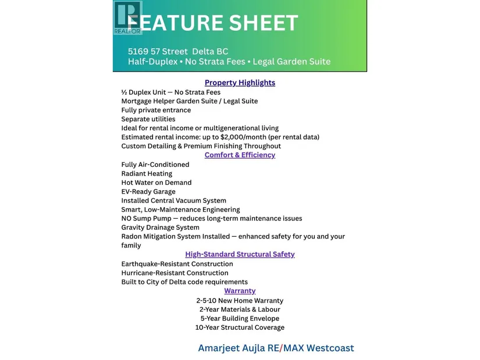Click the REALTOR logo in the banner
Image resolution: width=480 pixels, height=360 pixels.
(x=127, y=17)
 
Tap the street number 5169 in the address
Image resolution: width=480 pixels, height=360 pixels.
(x=138, y=51)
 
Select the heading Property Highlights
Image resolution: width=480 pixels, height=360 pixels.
(x=240, y=83)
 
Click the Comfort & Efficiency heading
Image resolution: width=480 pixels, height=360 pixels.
(x=240, y=155)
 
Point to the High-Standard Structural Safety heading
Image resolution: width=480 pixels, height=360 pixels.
(x=240, y=254)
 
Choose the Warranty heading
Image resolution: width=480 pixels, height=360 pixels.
(x=240, y=291)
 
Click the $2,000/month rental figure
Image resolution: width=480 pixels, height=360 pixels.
(x=247, y=137)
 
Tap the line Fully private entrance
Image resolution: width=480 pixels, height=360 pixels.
(x=156, y=110)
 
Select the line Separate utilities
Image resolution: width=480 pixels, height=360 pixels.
(x=148, y=119)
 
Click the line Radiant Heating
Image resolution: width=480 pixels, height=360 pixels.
(x=147, y=173)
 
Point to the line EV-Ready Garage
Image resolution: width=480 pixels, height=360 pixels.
(x=148, y=191)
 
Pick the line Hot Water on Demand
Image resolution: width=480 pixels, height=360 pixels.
(x=157, y=183)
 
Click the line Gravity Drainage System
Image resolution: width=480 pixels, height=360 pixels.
(x=160, y=227)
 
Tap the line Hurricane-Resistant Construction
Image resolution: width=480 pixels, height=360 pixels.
(x=175, y=273)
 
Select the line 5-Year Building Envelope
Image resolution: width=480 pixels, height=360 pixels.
(x=240, y=319)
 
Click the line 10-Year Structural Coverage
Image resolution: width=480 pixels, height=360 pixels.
(x=240, y=327)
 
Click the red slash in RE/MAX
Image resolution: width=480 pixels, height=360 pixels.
(x=281, y=348)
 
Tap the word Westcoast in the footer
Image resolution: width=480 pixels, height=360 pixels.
(x=330, y=348)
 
